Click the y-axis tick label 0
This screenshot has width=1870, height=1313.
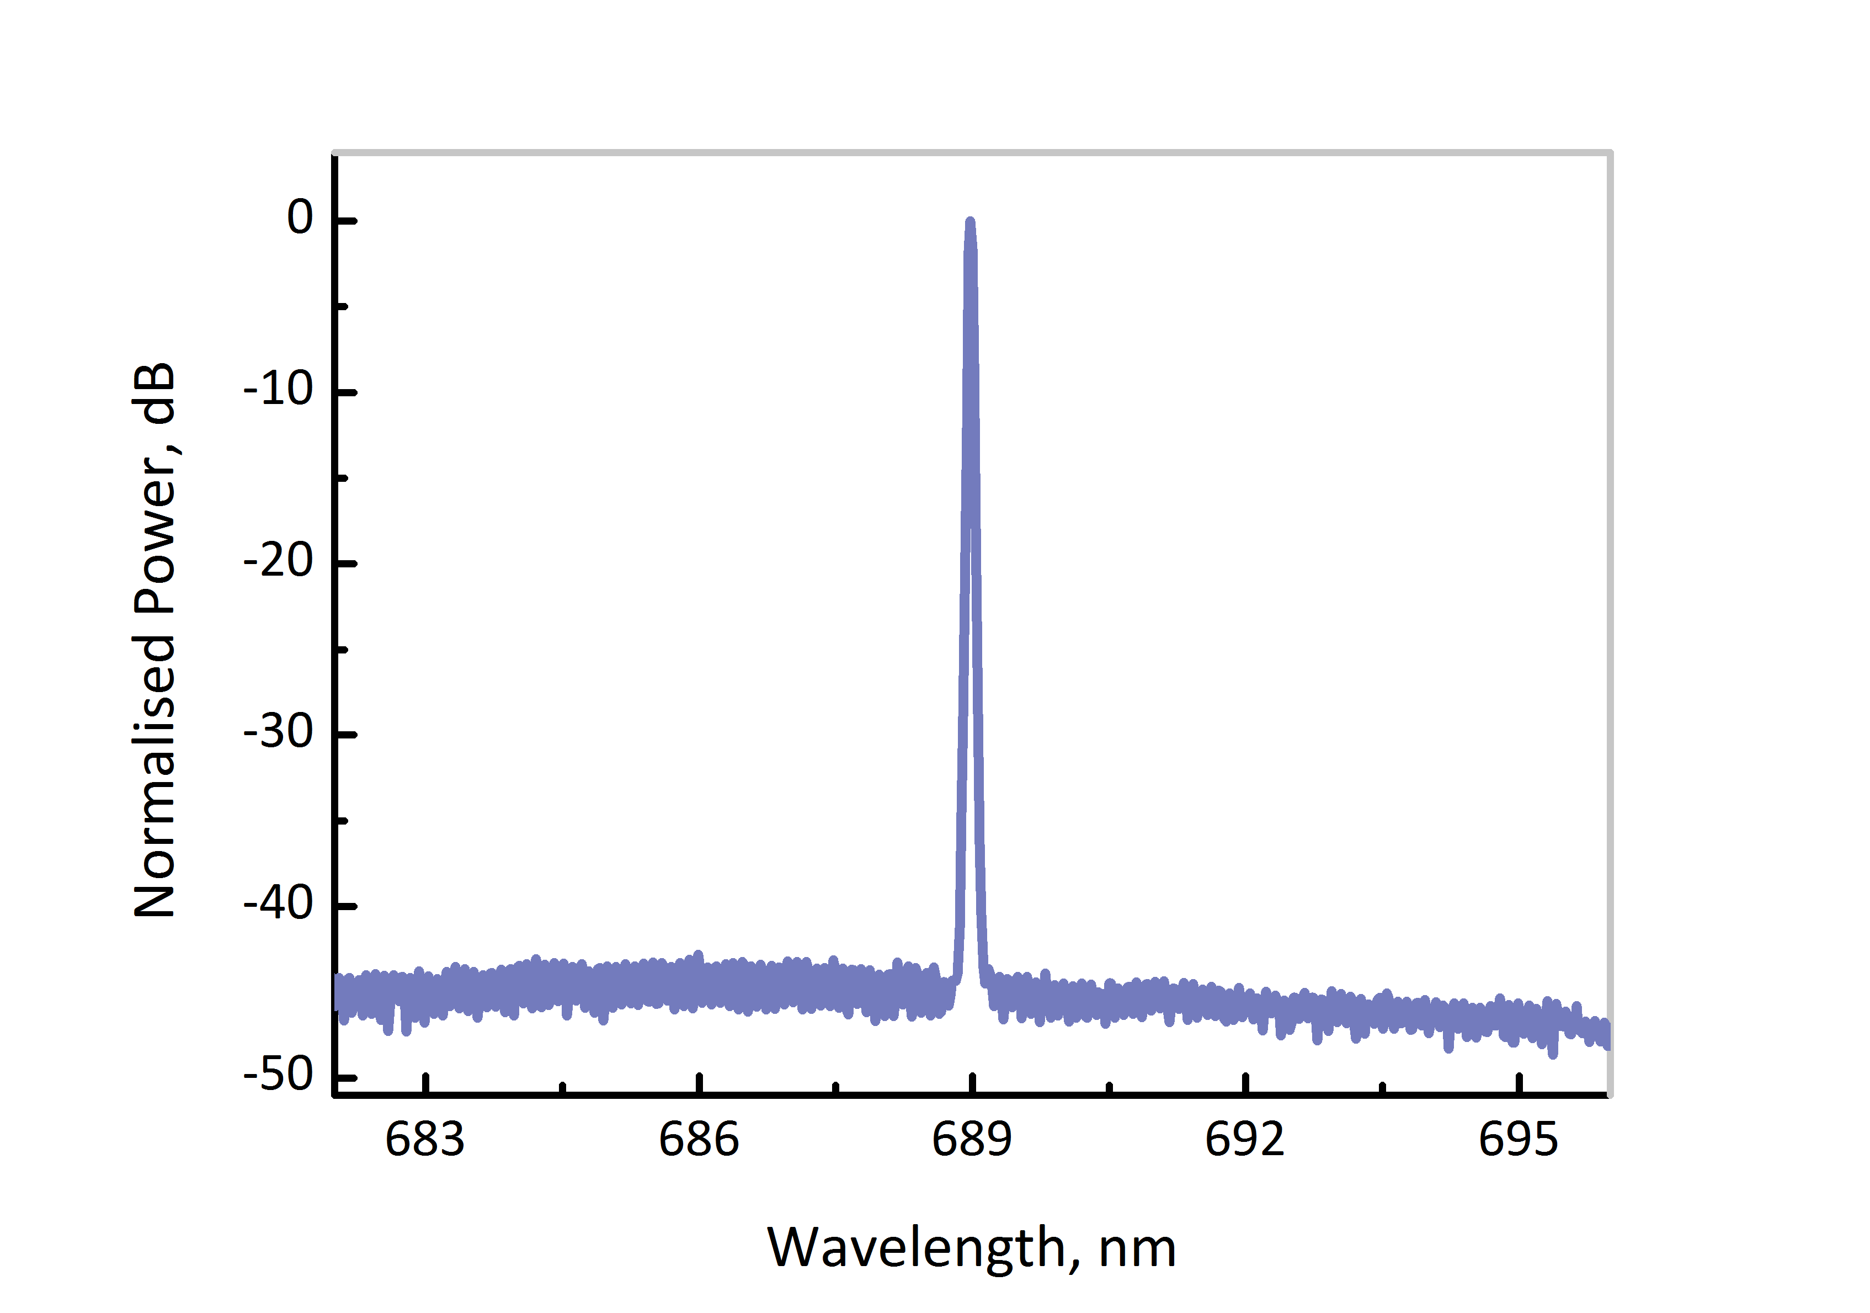(300, 219)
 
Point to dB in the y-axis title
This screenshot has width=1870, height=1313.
(154, 394)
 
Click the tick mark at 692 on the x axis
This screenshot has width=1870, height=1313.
(1245, 1084)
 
